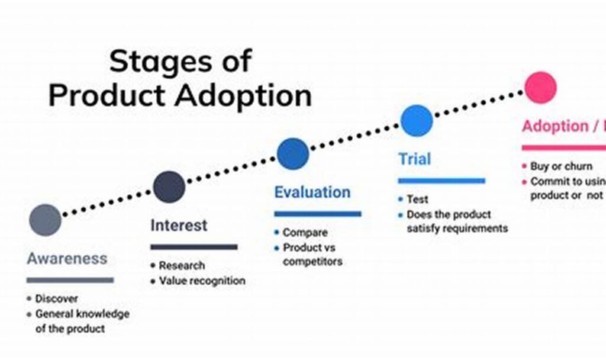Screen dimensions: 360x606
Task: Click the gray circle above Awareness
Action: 45,220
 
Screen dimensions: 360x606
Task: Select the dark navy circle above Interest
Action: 169,187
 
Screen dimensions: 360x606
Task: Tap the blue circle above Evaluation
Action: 293,153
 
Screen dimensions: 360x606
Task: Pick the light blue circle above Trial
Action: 417,121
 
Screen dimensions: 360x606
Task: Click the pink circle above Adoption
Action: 541,88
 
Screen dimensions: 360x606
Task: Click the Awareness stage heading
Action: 67,259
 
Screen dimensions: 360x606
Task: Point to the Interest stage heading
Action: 179,226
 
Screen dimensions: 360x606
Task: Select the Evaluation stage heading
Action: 312,192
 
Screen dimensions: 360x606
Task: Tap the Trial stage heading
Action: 414,159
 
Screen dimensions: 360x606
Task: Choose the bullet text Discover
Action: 56,299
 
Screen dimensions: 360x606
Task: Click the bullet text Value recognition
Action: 202,281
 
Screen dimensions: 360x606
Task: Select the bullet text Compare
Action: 305,233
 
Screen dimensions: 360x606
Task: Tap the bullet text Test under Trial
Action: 417,200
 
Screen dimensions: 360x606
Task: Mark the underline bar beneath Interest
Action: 194,247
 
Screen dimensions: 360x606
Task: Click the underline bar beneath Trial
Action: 441,181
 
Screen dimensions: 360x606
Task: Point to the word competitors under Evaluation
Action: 312,261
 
